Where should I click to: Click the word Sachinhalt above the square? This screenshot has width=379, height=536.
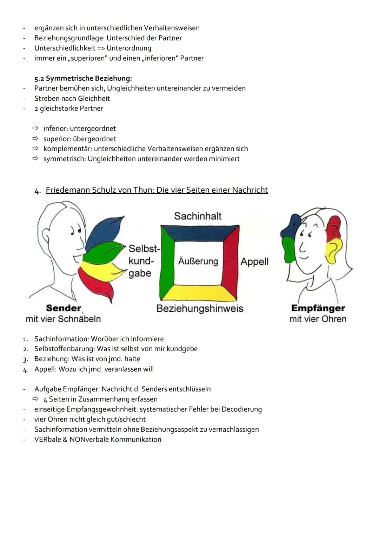click(198, 216)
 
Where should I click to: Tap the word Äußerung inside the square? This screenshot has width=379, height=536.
click(198, 261)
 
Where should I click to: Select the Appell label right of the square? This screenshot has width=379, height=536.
click(254, 262)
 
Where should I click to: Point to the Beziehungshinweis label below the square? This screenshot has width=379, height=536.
click(200, 309)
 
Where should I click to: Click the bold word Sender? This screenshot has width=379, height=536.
click(64, 308)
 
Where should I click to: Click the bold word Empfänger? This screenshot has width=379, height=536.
click(318, 309)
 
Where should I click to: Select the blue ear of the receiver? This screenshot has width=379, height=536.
click(291, 227)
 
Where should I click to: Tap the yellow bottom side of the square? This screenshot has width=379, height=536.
click(198, 293)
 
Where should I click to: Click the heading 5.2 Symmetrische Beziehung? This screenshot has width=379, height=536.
click(83, 78)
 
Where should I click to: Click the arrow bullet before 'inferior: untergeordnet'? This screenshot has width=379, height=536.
click(35, 128)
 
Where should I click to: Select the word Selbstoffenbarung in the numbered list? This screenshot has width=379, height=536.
click(65, 349)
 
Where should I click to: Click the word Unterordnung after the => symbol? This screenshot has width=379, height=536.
click(129, 48)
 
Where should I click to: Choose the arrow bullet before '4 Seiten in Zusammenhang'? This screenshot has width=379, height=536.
click(35, 399)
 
